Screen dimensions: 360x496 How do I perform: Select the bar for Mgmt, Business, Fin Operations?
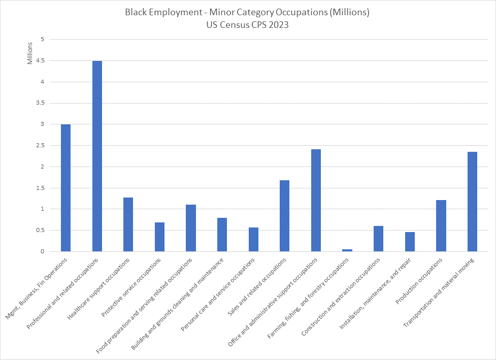tap(65, 188)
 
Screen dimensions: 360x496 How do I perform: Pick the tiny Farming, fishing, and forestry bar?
tap(347, 250)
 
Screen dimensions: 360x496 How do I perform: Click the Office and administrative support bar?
tap(316, 200)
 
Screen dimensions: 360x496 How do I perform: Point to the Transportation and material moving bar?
tap(472, 202)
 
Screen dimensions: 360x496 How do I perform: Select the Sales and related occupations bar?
tap(284, 216)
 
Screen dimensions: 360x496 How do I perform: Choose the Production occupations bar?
tap(441, 225)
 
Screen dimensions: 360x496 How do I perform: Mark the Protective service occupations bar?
tap(159, 237)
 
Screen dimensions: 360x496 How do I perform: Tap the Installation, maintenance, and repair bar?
tap(410, 242)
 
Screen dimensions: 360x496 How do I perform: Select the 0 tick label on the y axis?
tap(43, 251)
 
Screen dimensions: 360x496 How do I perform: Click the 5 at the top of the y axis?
tap(43, 40)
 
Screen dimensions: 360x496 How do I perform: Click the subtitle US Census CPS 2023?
tap(247, 25)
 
